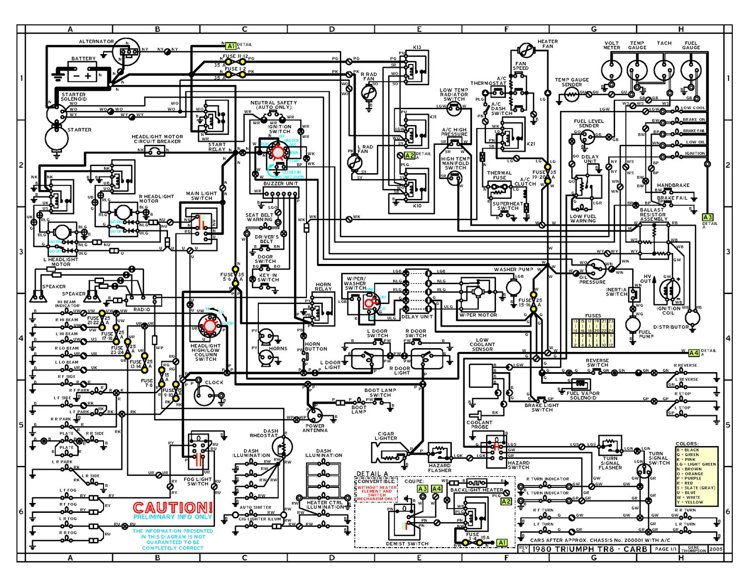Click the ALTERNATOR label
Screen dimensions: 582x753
click(x=96, y=41)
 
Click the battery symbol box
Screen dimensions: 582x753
click(x=83, y=74)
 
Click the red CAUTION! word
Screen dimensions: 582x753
click(x=172, y=508)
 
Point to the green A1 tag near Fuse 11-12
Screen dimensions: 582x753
click(x=231, y=46)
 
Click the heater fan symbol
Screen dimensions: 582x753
click(x=526, y=49)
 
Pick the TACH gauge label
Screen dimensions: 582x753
click(x=664, y=43)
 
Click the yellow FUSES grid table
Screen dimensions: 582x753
click(x=593, y=333)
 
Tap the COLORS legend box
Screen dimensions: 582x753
click(x=697, y=475)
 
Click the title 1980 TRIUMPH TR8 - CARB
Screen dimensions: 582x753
click(x=589, y=549)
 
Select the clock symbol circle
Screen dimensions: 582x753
click(x=204, y=395)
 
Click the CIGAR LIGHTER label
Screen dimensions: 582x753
click(x=386, y=436)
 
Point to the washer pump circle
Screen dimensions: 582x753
click(x=513, y=287)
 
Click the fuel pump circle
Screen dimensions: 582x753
click(x=633, y=324)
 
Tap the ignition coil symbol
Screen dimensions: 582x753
click(x=669, y=290)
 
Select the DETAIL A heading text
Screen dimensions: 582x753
click(x=372, y=474)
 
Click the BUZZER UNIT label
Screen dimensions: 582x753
click(x=280, y=183)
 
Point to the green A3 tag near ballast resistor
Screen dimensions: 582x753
click(x=707, y=217)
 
